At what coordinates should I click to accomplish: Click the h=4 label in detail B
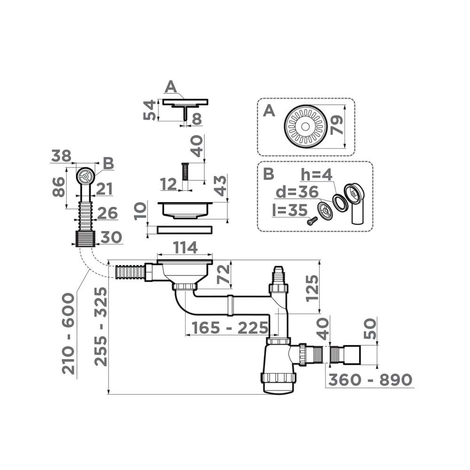(317, 175)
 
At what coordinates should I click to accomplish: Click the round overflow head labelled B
(85, 176)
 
